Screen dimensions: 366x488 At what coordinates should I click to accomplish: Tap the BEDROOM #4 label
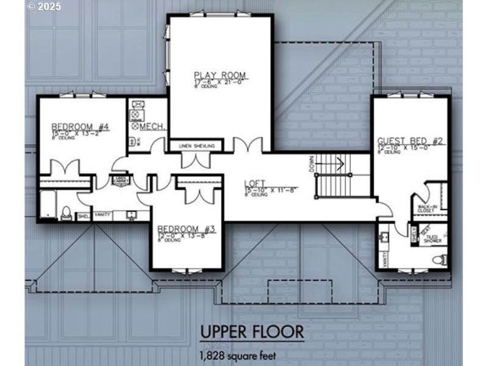(x=80, y=127)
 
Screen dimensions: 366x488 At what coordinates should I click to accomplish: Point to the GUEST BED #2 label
(x=409, y=141)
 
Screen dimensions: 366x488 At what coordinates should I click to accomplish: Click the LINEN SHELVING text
(x=196, y=146)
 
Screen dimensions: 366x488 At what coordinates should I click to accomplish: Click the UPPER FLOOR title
(x=252, y=332)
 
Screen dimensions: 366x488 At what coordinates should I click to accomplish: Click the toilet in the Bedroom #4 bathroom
(x=66, y=213)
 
